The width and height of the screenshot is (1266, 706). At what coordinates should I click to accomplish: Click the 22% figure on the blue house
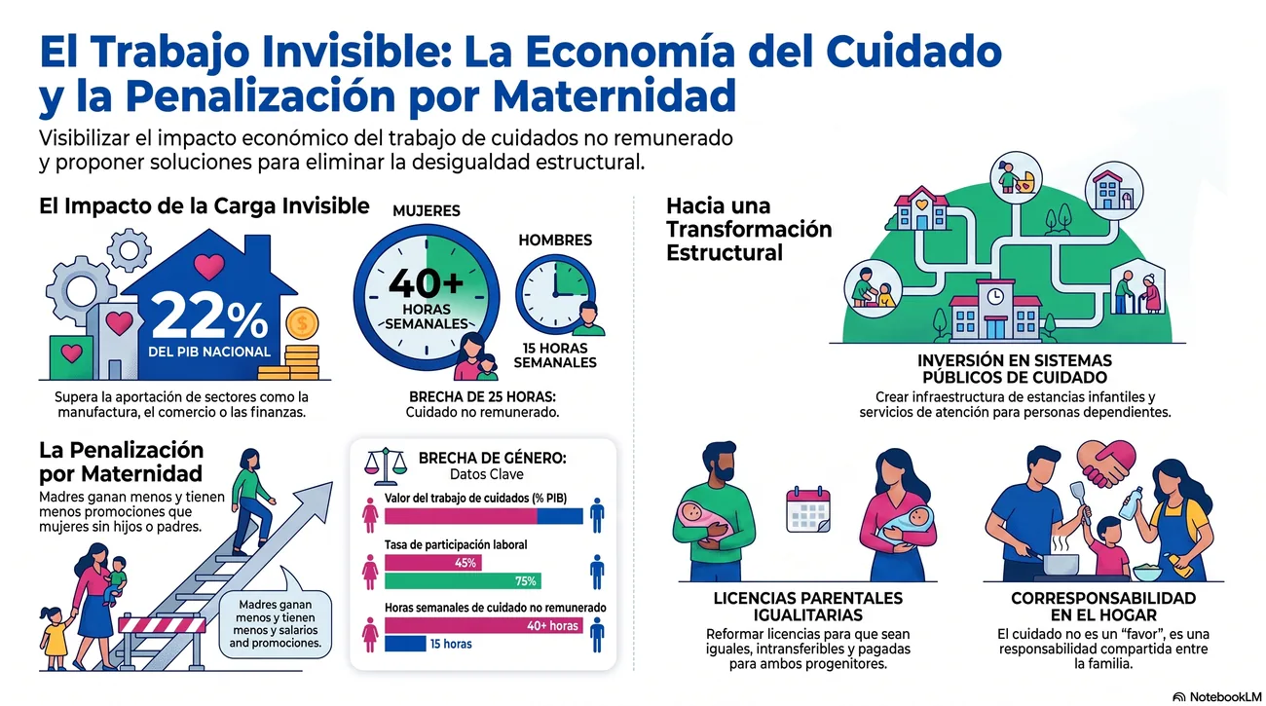[209, 318]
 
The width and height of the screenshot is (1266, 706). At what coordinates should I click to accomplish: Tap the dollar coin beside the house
[302, 323]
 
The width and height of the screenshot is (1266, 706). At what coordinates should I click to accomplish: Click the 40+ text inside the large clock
[427, 283]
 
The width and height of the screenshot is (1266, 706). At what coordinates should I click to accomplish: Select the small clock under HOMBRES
[555, 294]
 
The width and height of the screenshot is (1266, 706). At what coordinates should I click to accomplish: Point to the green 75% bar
[463, 581]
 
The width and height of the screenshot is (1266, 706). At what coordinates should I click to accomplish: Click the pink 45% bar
[433, 563]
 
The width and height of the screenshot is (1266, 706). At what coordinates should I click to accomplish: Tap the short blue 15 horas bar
[405, 644]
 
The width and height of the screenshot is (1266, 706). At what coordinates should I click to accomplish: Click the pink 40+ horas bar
[484, 626]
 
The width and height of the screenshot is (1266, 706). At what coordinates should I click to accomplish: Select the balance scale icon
[386, 466]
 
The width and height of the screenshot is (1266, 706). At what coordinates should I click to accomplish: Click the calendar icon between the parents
[808, 510]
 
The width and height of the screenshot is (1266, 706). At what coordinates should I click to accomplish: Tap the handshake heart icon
[1106, 464]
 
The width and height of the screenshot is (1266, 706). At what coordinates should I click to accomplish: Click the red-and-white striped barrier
[163, 624]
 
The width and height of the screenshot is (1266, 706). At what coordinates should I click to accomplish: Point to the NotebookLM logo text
[1225, 697]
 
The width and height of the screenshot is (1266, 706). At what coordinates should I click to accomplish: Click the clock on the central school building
[995, 296]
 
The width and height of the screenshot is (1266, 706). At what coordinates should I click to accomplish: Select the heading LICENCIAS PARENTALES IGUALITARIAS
[808, 607]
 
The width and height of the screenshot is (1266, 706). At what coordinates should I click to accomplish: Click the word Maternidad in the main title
[614, 96]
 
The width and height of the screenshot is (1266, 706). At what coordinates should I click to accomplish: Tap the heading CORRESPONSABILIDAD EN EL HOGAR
[1103, 607]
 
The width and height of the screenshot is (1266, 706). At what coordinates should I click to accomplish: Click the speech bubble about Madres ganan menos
[276, 623]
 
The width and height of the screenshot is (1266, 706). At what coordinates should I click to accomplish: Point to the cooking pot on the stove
[1061, 563]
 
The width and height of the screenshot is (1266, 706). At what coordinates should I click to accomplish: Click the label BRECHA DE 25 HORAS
[482, 396]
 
